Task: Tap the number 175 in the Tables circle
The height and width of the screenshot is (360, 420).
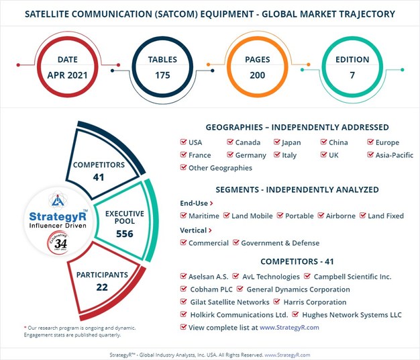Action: [162, 74]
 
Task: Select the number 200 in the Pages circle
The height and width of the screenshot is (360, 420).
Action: [258, 74]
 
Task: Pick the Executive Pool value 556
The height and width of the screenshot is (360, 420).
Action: [125, 234]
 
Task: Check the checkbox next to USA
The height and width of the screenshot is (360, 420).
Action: [184, 142]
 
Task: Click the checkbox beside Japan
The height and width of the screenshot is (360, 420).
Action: [276, 142]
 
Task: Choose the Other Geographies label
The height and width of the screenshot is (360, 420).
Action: [220, 168]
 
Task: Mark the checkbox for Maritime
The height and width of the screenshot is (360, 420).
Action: [184, 216]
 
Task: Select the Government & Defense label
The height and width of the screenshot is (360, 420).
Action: [280, 242]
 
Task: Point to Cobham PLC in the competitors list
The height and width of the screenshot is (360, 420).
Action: [209, 289]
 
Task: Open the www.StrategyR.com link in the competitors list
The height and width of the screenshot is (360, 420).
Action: [288, 327]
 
